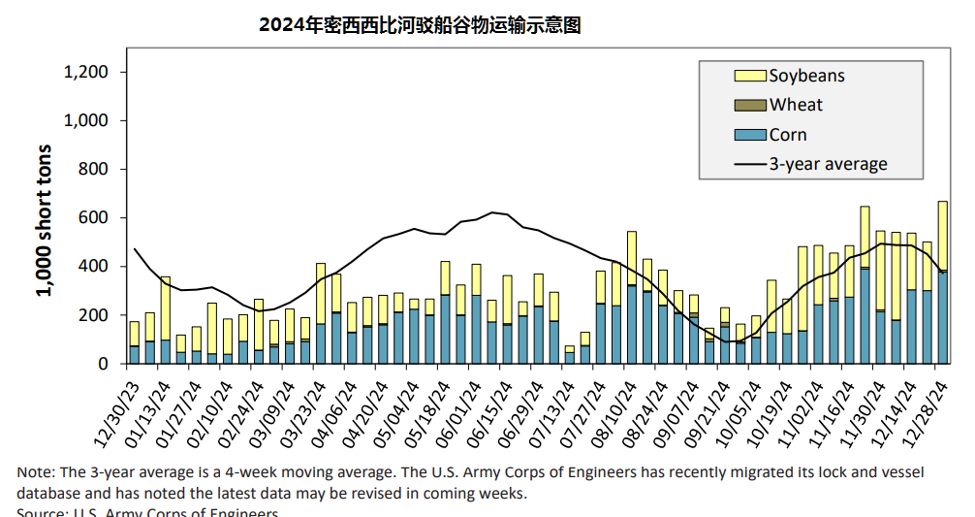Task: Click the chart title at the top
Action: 420,25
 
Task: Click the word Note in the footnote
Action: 35,472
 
